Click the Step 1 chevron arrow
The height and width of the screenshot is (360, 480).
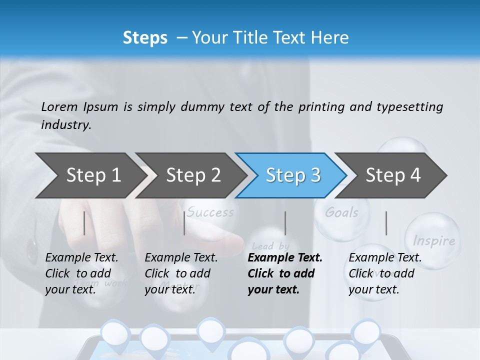[x=90, y=175]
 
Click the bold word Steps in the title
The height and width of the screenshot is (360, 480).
[x=145, y=38]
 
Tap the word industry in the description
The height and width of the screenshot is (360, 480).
[x=65, y=124]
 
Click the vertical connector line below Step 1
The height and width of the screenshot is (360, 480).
[x=84, y=223]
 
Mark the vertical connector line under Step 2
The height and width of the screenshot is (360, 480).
[x=184, y=223]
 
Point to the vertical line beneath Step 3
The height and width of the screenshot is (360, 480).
[x=285, y=223]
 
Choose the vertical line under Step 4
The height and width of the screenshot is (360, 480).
[x=386, y=223]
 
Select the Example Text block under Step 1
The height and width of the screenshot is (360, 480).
[x=81, y=273]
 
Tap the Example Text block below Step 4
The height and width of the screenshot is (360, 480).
[x=384, y=273]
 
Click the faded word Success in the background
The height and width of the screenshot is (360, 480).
[x=210, y=212]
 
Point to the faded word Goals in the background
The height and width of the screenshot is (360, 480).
[x=342, y=212]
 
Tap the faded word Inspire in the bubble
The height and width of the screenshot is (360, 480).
[x=434, y=241]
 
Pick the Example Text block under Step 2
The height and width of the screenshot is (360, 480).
[x=180, y=273]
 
